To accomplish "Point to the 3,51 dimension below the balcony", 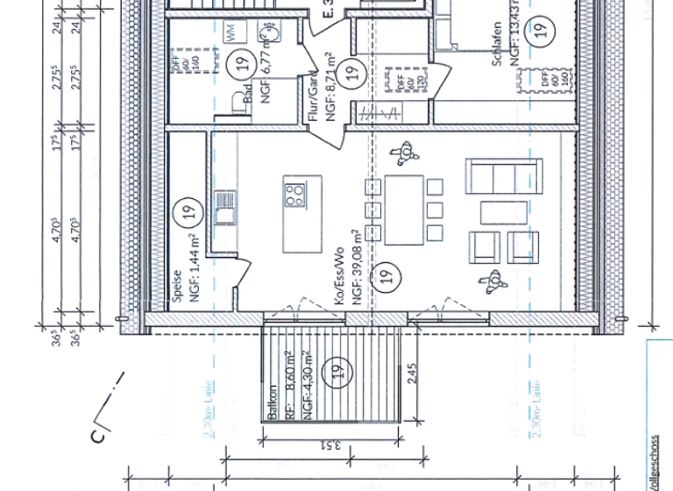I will click(330, 445).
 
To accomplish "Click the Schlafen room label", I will click(497, 45).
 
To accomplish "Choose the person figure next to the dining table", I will click(406, 153).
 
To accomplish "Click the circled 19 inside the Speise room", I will click(185, 211).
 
